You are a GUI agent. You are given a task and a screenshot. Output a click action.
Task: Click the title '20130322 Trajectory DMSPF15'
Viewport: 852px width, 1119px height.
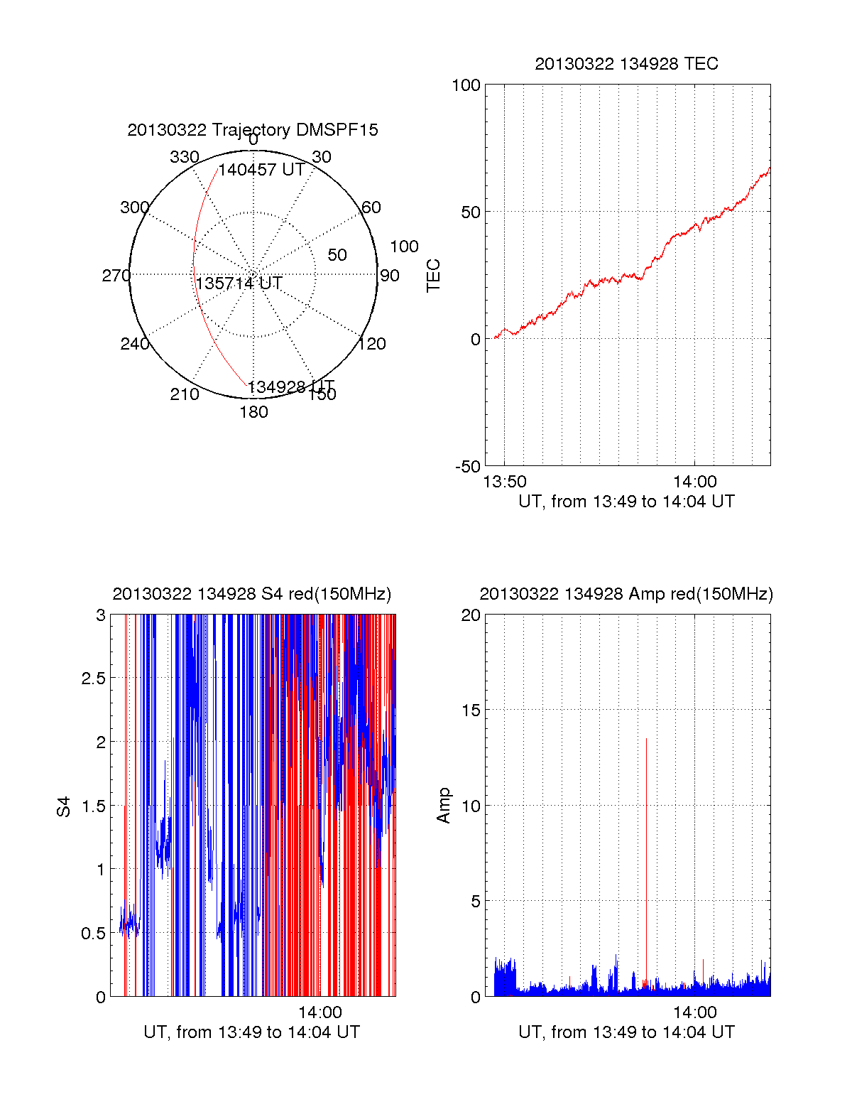pyautogui.click(x=253, y=130)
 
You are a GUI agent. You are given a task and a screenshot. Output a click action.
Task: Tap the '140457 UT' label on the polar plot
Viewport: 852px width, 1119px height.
pyautogui.click(x=261, y=170)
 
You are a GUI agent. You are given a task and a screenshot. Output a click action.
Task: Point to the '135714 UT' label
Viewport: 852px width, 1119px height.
pyautogui.click(x=239, y=283)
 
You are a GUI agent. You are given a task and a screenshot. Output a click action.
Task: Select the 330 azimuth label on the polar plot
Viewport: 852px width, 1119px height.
pyautogui.click(x=185, y=157)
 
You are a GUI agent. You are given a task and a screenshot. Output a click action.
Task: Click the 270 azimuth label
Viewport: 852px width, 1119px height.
pyautogui.click(x=116, y=276)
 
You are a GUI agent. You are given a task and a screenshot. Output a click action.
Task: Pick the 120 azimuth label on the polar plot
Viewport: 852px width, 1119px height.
pyautogui.click(x=372, y=344)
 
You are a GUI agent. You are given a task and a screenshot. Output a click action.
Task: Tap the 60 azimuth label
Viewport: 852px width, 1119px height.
pyautogui.click(x=371, y=207)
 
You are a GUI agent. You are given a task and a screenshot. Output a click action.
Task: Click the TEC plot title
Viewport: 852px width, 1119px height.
pyautogui.click(x=626, y=64)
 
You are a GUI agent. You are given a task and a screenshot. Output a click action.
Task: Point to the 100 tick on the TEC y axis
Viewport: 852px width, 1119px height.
pyautogui.click(x=466, y=85)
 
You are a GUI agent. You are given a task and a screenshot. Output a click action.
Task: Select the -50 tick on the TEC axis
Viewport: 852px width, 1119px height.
pyautogui.click(x=468, y=467)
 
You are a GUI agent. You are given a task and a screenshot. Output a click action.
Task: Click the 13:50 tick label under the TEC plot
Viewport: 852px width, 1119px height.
pyautogui.click(x=505, y=482)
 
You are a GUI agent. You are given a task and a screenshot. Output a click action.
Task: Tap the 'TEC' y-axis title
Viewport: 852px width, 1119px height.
pyautogui.click(x=434, y=276)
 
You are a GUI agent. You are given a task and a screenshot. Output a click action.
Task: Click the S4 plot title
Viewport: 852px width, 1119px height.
pyautogui.click(x=252, y=594)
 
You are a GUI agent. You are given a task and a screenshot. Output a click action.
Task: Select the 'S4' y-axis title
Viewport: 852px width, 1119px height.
pyautogui.click(x=64, y=806)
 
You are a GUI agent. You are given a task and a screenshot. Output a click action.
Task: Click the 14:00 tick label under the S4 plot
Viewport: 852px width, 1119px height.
pyautogui.click(x=320, y=1012)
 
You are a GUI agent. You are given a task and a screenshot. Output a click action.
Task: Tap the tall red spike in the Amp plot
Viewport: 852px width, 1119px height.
pyautogui.click(x=646, y=853)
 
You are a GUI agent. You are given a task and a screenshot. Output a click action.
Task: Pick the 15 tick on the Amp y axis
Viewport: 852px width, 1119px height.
pyautogui.click(x=471, y=710)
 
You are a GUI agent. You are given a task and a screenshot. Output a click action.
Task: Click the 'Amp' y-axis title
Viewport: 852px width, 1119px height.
pyautogui.click(x=444, y=806)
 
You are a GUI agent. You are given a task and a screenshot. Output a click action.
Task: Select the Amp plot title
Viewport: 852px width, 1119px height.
pyautogui.click(x=626, y=594)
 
